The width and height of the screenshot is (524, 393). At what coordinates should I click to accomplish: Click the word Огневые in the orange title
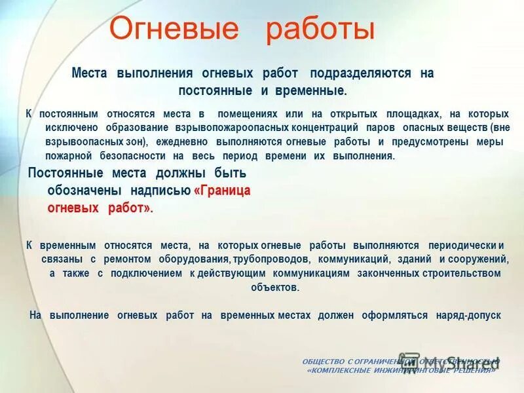(174, 29)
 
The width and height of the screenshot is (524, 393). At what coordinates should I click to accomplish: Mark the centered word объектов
(274, 287)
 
